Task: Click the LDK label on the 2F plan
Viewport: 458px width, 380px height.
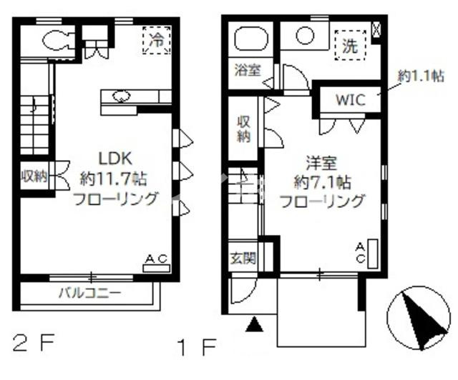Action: tap(115, 159)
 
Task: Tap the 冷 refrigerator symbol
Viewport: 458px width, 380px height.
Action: tap(156, 40)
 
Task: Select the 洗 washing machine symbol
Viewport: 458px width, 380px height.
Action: tap(350, 45)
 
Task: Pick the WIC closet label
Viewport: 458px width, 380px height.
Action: tap(350, 100)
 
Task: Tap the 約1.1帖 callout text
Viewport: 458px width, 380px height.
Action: tap(421, 76)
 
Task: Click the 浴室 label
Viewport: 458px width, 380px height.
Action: tap(248, 70)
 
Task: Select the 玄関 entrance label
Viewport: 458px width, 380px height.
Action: tap(243, 258)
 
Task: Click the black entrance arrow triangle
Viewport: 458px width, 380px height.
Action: tap(255, 324)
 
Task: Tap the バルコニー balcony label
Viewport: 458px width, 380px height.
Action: tap(90, 293)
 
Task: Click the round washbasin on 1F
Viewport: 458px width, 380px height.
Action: tap(305, 36)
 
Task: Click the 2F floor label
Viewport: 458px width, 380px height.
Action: tap(34, 344)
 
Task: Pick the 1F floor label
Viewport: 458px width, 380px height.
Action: tap(197, 347)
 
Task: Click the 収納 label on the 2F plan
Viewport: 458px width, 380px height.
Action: tap(34, 176)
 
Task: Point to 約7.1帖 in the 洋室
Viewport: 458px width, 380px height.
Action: tap(323, 183)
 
